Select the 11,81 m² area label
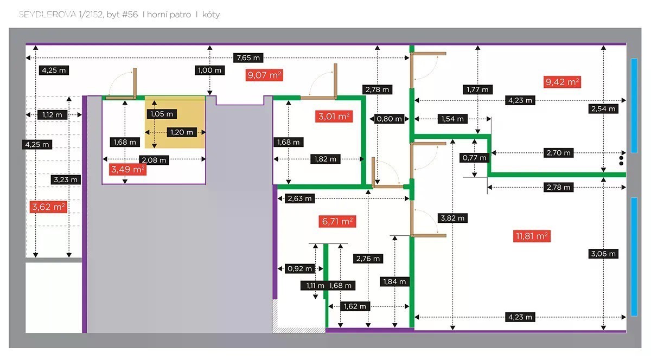(x=531, y=236)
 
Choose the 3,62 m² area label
(x=49, y=207)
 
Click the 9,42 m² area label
(x=561, y=82)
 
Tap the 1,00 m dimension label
(x=210, y=70)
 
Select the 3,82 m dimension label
(x=452, y=218)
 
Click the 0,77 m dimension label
(x=475, y=158)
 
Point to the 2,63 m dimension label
(x=299, y=198)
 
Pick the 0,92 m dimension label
(x=299, y=268)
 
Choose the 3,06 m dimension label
(x=603, y=253)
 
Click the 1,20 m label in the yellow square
(x=181, y=132)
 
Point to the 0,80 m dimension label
(x=390, y=119)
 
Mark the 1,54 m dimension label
(x=452, y=119)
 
